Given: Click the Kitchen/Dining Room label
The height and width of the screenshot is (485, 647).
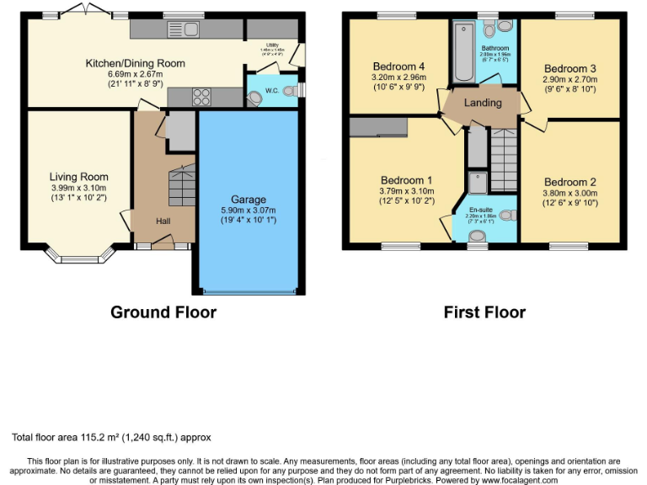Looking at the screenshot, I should [135, 63].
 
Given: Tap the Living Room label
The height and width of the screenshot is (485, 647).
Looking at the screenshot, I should [78, 177].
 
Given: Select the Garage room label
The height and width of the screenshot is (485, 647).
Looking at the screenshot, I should [249, 200].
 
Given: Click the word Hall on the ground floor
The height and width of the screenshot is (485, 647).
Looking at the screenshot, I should [165, 221].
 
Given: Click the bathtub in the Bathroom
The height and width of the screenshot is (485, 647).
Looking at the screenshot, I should [463, 53].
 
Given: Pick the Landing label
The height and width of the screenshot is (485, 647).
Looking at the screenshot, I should [483, 103].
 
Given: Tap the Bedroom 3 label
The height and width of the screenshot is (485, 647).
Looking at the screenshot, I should [569, 69].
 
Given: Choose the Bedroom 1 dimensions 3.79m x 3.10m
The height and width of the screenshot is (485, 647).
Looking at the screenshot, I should [407, 191].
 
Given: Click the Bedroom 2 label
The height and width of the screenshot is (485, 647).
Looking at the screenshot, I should [569, 182].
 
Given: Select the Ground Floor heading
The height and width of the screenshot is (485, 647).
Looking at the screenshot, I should [163, 312].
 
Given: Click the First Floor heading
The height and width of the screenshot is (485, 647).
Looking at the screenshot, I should [484, 312].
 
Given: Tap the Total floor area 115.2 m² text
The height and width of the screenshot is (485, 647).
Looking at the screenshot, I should [111, 437].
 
